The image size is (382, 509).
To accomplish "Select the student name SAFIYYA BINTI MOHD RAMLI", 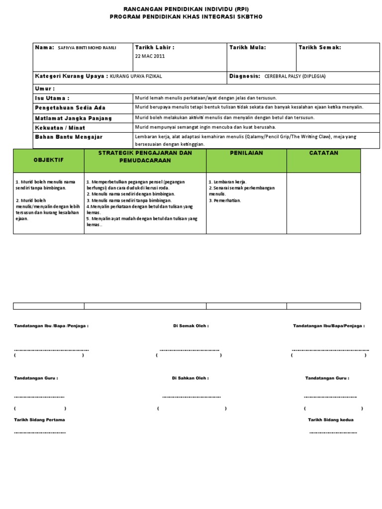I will (x=87, y=48).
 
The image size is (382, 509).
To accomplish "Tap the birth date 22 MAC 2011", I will (x=150, y=56).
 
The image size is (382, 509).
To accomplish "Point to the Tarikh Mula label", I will (x=247, y=47).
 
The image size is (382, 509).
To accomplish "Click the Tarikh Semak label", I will (x=319, y=47).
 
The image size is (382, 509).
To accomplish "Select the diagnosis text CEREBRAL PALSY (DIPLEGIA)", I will (x=295, y=76).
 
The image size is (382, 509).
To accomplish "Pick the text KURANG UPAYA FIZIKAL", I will (x=136, y=76).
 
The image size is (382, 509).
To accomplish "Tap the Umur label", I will (x=45, y=88).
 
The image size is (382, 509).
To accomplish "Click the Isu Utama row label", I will (x=52, y=98).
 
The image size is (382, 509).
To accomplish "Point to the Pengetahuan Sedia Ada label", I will (x=70, y=108).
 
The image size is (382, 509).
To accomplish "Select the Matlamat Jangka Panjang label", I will (x=73, y=118).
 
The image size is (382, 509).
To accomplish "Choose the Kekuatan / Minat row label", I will (x=60, y=128).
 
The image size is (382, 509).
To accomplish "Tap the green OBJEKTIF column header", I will (x=49, y=160).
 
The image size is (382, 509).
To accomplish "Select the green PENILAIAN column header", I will (x=246, y=153).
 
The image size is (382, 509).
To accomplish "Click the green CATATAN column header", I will (x=323, y=153).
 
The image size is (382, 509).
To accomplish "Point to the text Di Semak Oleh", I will (x=191, y=326).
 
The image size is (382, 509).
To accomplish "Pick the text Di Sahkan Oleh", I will (x=190, y=378).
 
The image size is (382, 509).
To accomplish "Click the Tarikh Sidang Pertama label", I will (x=39, y=420).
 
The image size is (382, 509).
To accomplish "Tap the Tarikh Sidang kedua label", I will (x=331, y=420).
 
